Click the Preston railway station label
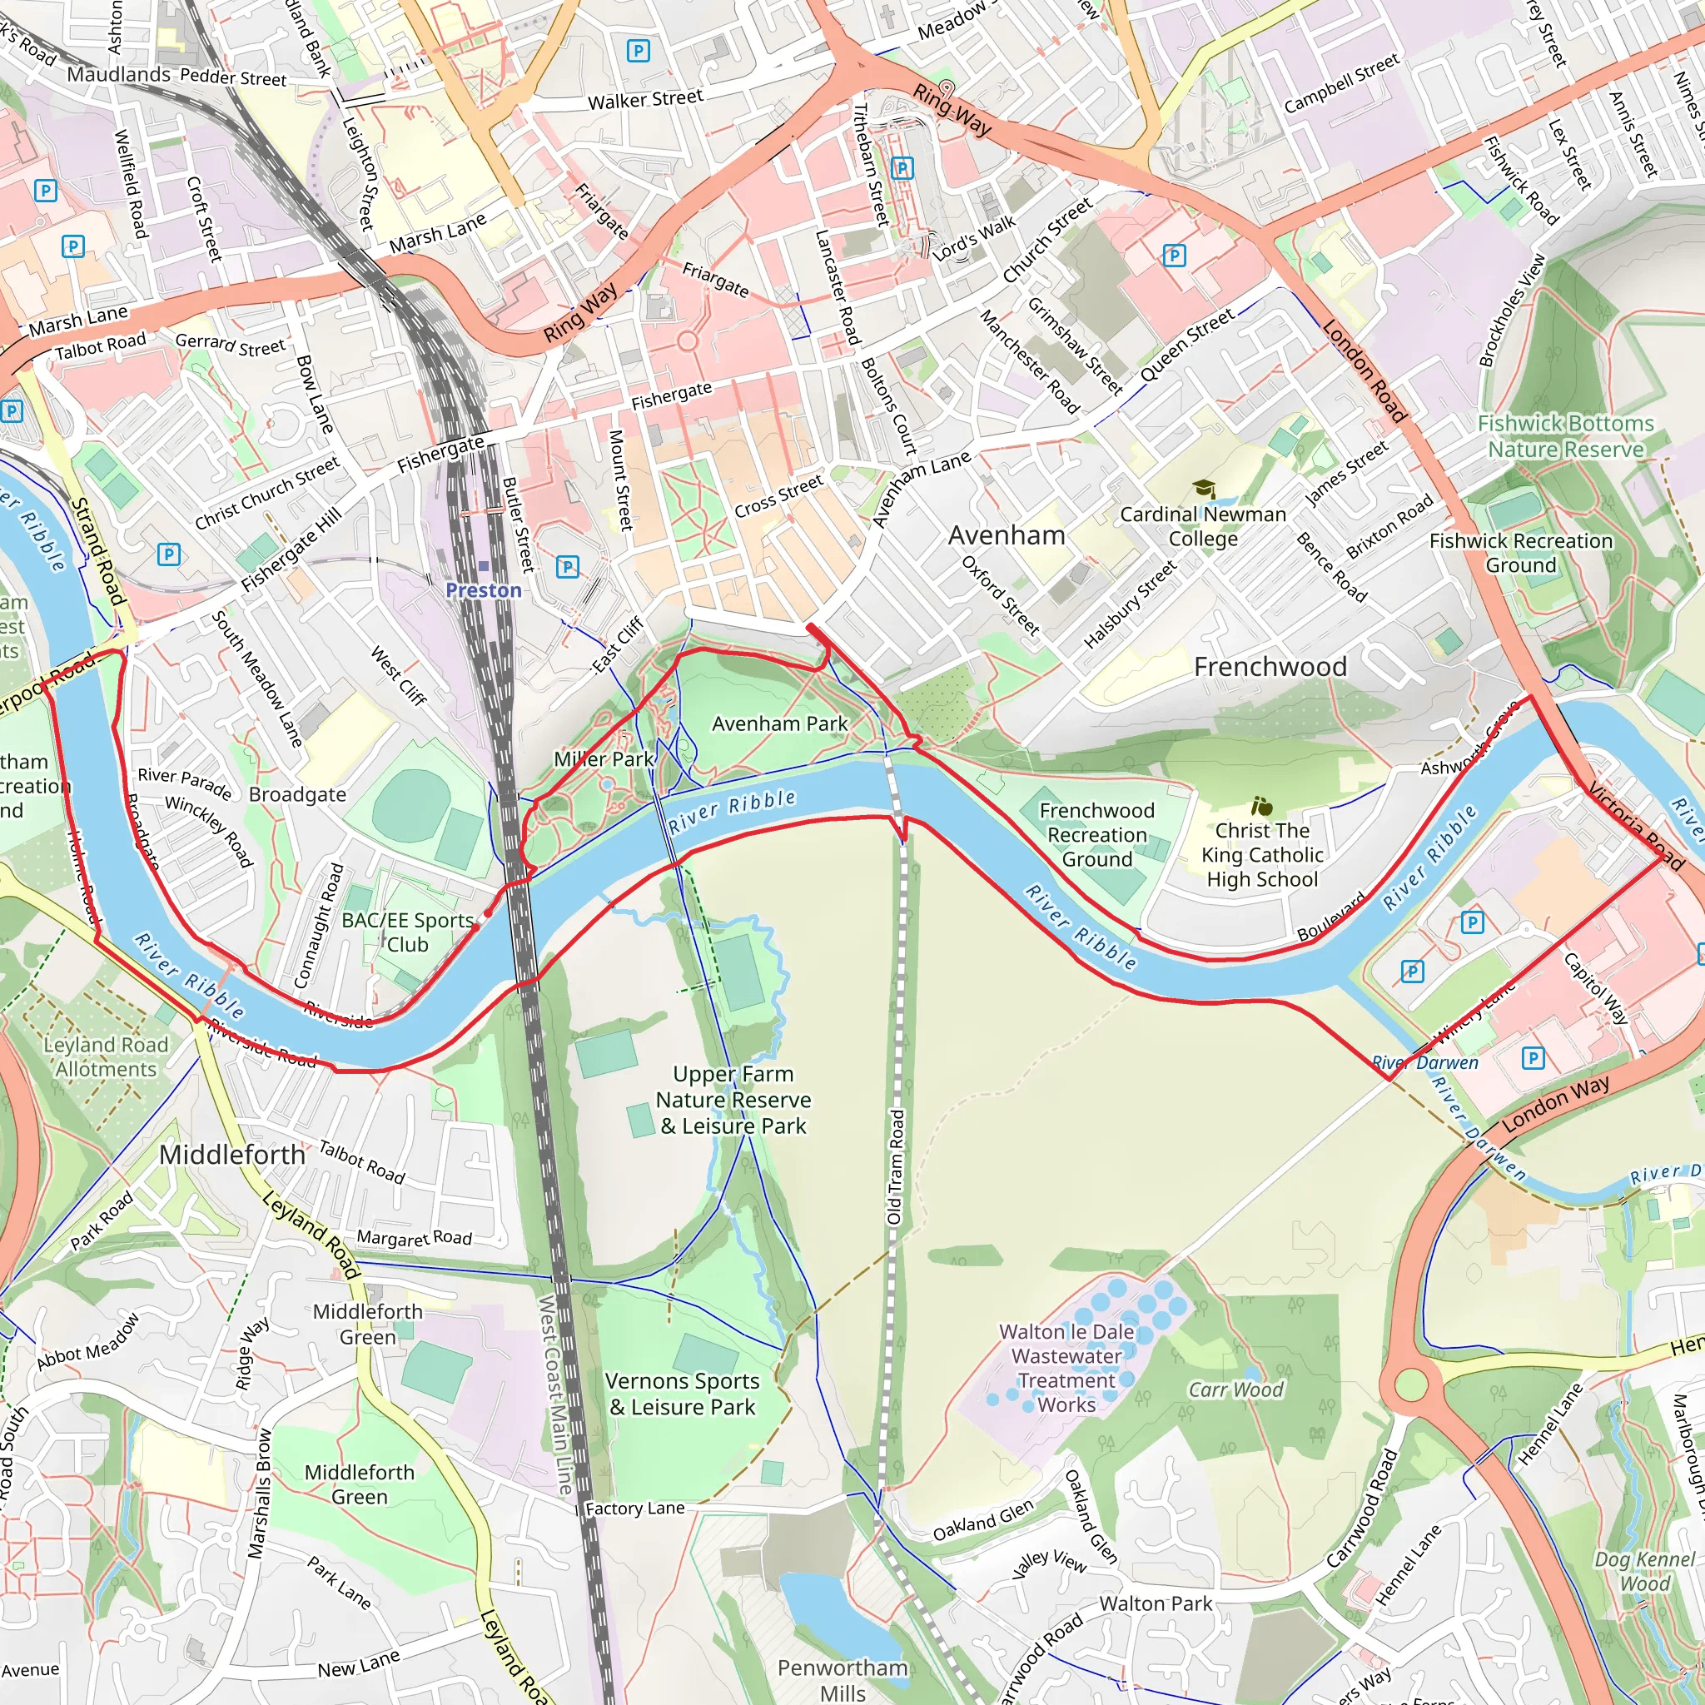click(484, 589)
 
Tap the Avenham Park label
click(779, 723)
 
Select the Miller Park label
click(604, 759)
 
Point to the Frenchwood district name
click(1270, 667)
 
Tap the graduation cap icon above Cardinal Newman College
click(1204, 489)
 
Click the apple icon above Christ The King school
click(1262, 806)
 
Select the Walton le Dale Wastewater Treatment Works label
click(1066, 1368)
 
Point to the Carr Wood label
click(1235, 1390)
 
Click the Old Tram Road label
click(896, 1167)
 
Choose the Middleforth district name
click(232, 1155)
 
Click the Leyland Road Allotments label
click(106, 1057)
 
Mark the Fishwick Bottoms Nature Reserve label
click(1566, 437)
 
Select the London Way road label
click(1556, 1103)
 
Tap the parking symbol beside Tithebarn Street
click(902, 167)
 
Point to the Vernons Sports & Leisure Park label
click(682, 1394)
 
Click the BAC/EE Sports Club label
click(408, 932)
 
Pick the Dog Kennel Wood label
click(1644, 1571)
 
